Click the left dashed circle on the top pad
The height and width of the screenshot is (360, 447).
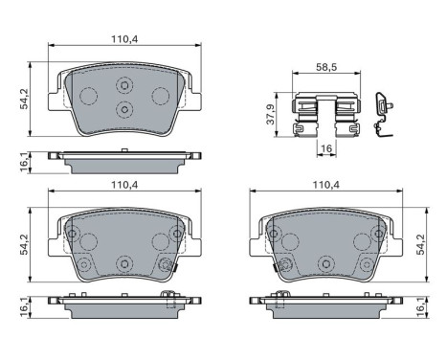[x=87, y=95]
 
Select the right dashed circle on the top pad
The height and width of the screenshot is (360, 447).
[x=161, y=95]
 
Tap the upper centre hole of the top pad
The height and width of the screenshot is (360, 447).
[x=124, y=87]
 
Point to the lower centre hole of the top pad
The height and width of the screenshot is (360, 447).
[x=124, y=109]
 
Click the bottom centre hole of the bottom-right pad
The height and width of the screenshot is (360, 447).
[x=325, y=261]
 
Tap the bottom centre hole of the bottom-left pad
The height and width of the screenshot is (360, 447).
[x=123, y=261]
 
